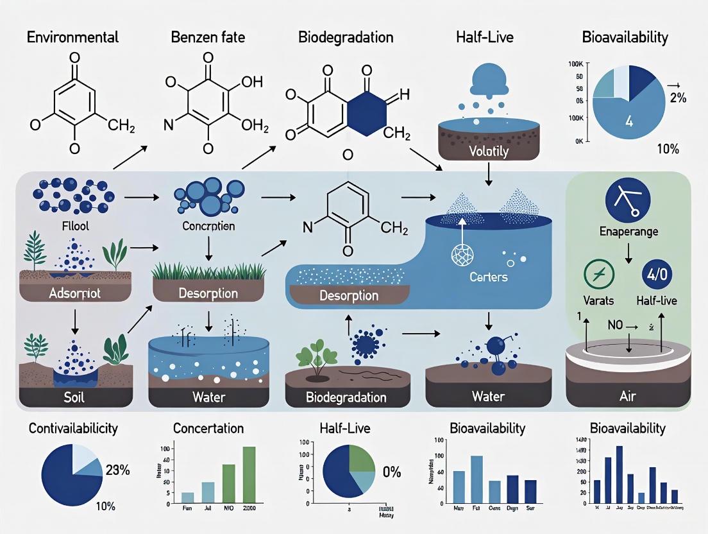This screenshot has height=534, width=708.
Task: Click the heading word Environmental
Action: point(72,37)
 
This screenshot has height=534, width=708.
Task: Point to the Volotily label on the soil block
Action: point(488,151)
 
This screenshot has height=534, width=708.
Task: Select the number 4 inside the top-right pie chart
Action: point(628,121)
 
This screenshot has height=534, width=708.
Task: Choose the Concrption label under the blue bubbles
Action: point(208,227)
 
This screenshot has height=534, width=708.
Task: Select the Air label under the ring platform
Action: point(628,397)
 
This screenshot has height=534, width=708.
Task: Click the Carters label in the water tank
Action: point(488,277)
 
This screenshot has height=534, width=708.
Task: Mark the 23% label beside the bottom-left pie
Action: point(117,470)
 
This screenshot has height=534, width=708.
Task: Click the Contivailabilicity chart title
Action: point(74,428)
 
